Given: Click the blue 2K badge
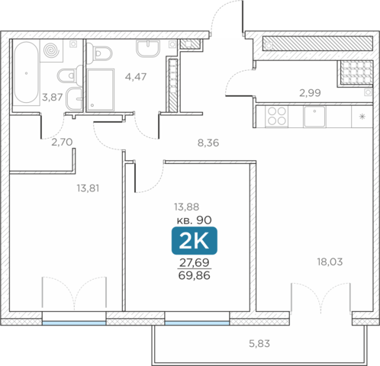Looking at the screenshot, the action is tap(195, 241).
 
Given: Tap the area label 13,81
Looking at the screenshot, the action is tap(88, 188).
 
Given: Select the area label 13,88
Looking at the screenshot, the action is tap(186, 207).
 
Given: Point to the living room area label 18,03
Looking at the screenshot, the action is tap(330, 262).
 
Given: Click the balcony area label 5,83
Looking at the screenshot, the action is tap(259, 344).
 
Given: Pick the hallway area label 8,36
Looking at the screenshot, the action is tap(208, 143).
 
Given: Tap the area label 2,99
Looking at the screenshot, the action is tap(310, 93).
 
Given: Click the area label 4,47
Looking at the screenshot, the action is tap(136, 77).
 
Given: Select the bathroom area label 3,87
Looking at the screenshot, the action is tap(53, 97).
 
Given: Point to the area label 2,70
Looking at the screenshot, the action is tap(62, 142).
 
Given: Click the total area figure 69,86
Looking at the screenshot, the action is tap(195, 275).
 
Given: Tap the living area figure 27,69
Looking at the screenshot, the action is tap(195, 262).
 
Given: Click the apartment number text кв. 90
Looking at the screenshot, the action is tap(195, 220).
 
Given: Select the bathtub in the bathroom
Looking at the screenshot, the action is tap(27, 72).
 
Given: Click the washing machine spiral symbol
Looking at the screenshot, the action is tap(51, 50).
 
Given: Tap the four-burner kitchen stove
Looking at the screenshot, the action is tap(277, 117).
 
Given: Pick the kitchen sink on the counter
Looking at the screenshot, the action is tap(314, 117).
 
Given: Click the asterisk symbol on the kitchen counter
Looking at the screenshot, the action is tap(362, 117).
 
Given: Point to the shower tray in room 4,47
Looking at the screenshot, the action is tap(101, 90).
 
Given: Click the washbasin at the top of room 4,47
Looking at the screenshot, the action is tap(148, 48).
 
